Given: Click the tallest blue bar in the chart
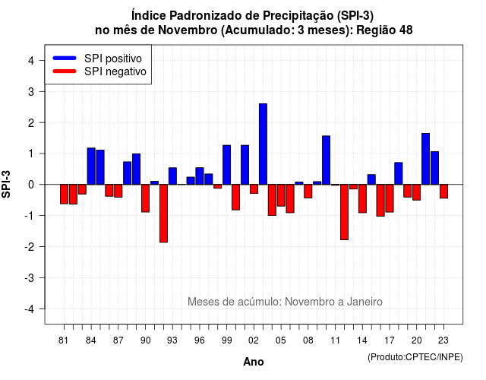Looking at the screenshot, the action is coord(263,144).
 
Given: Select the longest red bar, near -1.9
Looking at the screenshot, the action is coord(164,214).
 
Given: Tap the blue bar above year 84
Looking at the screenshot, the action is coord(91,166).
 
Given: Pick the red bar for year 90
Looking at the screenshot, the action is coord(145,198).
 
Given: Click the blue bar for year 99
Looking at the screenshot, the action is coord(226,165).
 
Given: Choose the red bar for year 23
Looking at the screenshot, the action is coord(443,191).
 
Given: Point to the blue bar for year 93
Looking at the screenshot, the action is coord(172,176).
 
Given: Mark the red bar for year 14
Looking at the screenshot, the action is coord(362,198).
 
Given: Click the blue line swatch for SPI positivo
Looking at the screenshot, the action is coord(65,58).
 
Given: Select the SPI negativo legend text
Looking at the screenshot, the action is coord(115,71).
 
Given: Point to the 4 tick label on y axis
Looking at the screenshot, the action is coord(31,61).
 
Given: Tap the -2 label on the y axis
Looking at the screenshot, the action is coord(30,246).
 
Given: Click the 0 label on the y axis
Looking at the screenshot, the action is coord(31,185).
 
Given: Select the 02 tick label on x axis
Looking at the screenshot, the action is coord(253,340).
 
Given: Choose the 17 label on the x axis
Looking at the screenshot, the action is coord(390,340).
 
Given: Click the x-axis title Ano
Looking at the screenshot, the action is coord(254,362).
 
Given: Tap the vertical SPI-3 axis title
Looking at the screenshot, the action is coord(6,184).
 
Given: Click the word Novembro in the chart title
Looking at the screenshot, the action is coord(188,30).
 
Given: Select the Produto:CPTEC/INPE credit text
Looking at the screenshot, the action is coord(415,357).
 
